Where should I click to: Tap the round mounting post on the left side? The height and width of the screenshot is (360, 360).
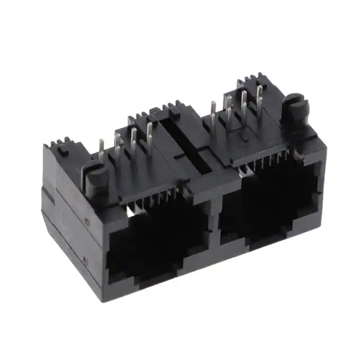[x=96, y=179]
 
